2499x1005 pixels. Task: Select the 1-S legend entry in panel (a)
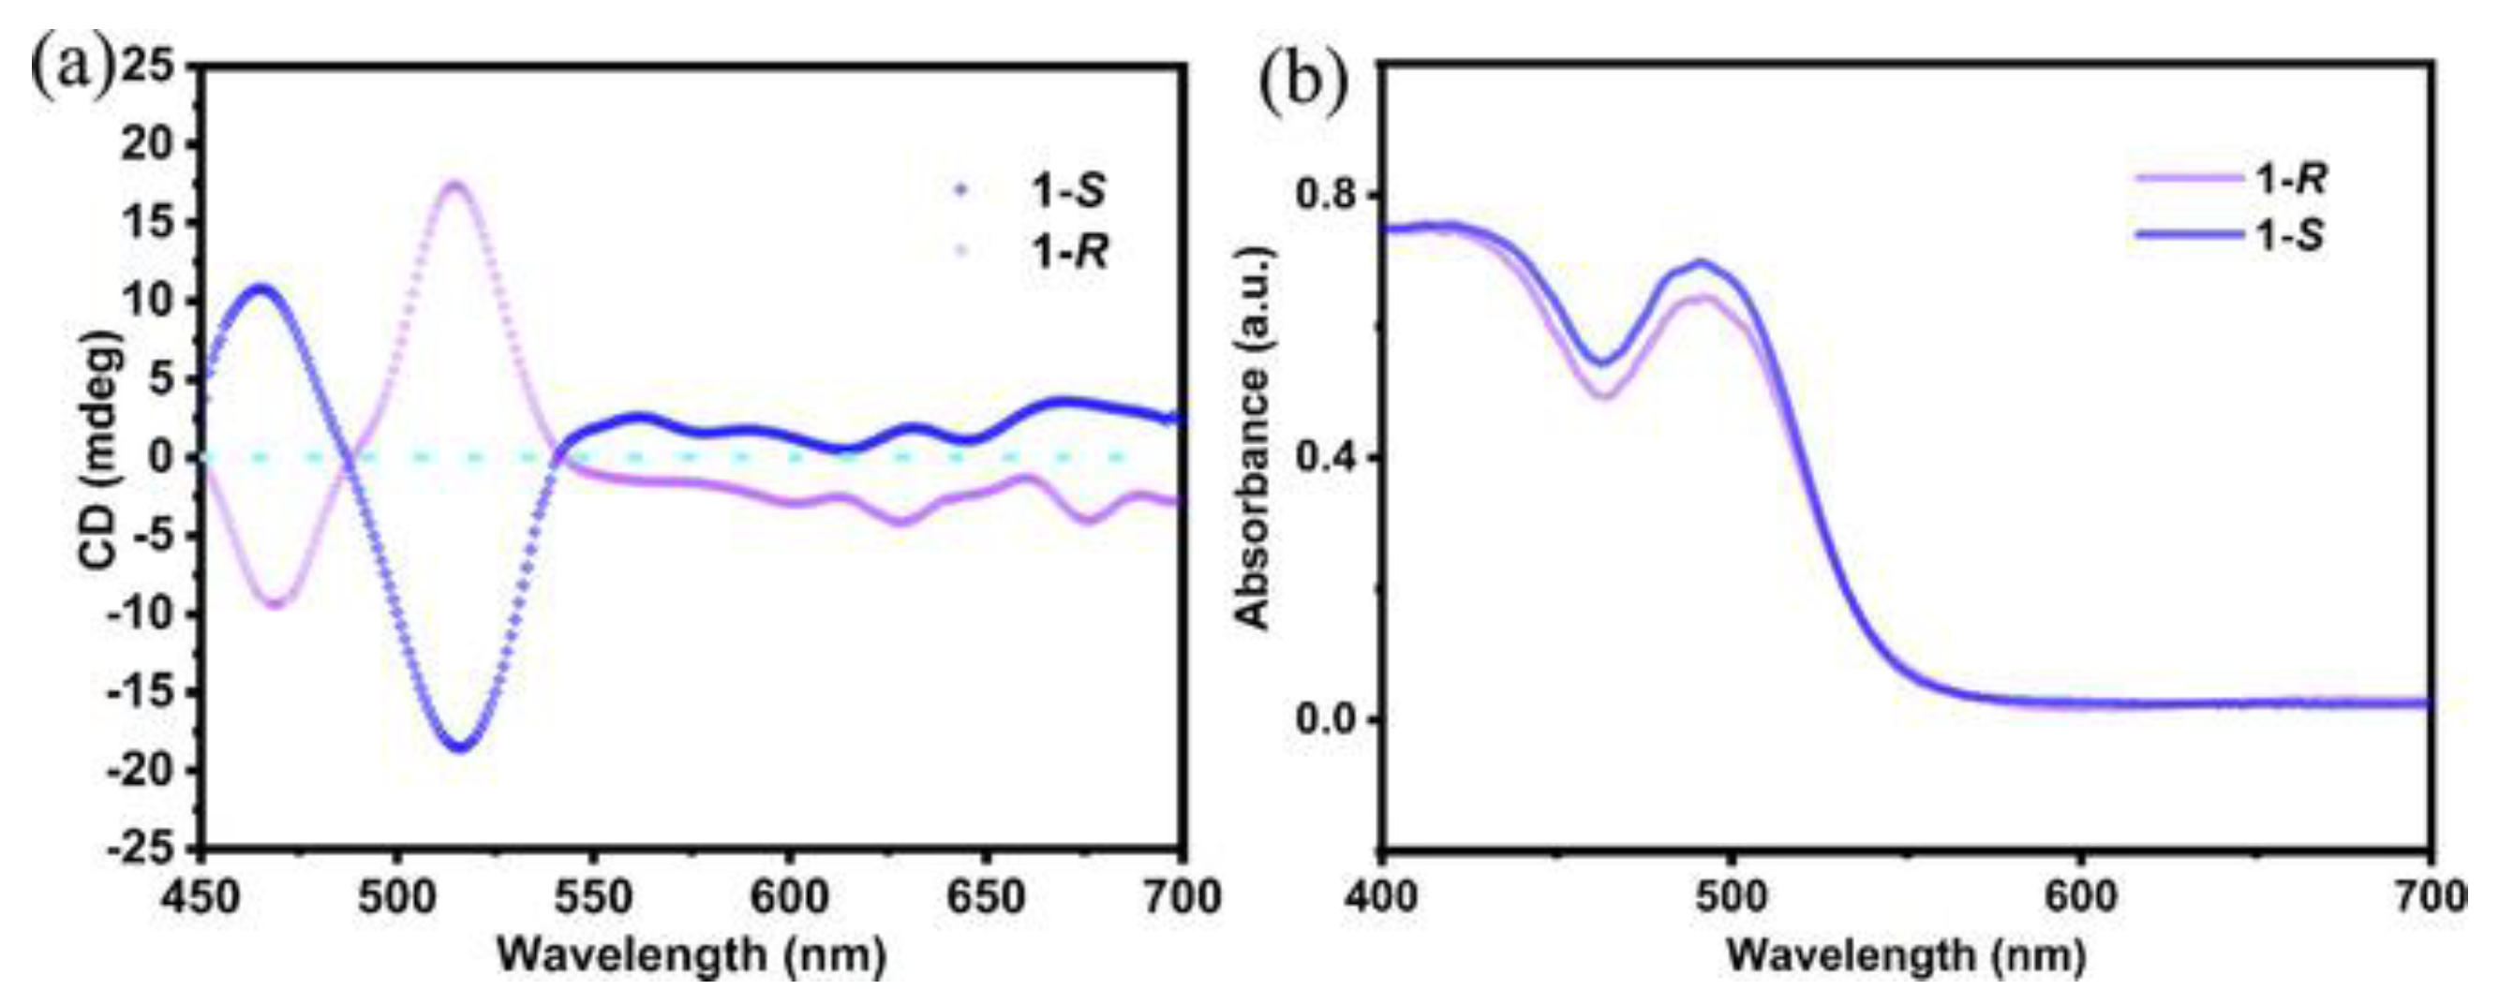[x=1068, y=191]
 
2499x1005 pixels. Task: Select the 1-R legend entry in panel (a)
[x=1068, y=253]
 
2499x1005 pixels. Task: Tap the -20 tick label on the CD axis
[x=148, y=771]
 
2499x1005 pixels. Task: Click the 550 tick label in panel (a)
[x=593, y=898]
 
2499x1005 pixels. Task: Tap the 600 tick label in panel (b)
[x=2079, y=898]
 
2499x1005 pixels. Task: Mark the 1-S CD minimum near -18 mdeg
[x=461, y=746]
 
